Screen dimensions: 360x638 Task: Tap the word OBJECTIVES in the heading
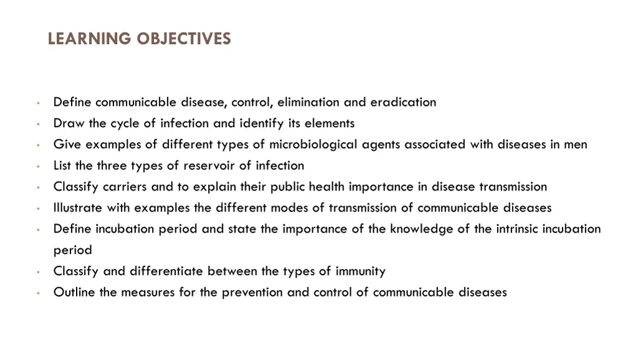[x=184, y=39]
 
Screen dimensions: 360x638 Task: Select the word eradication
[x=403, y=102]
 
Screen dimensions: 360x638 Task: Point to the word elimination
[x=308, y=102]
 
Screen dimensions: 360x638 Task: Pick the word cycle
[x=125, y=123]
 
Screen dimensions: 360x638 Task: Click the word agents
[x=383, y=145]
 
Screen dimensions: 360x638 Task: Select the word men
[x=576, y=144]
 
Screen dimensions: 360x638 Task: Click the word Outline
[x=74, y=293]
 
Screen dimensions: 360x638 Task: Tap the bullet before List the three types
[x=38, y=166]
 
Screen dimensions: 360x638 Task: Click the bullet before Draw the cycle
[x=38, y=124]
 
